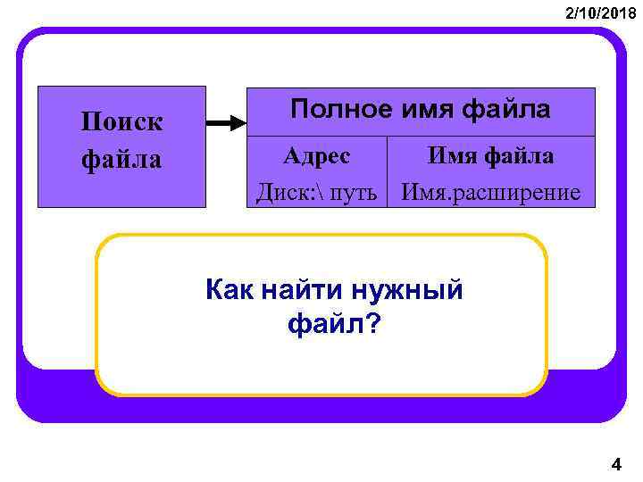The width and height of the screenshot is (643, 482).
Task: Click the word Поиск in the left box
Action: pyautogui.click(x=121, y=120)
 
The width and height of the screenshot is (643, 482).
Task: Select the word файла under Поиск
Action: pyautogui.click(x=121, y=160)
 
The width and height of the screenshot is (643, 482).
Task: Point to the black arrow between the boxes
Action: pyautogui.click(x=226, y=123)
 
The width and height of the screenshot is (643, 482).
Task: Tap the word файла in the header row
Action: pyautogui.click(x=506, y=110)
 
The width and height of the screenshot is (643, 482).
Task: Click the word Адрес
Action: pyautogui.click(x=317, y=156)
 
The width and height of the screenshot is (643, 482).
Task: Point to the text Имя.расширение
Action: pyautogui.click(x=490, y=191)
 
